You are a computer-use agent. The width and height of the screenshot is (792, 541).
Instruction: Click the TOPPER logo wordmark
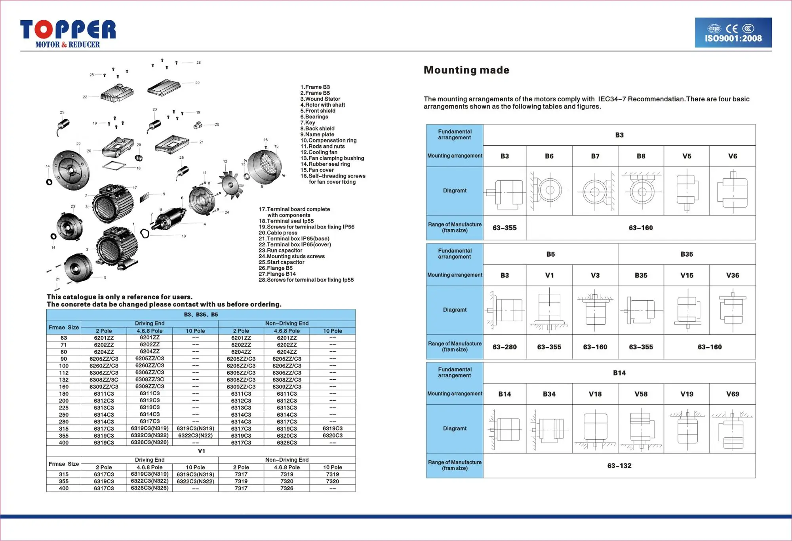pyautogui.click(x=68, y=30)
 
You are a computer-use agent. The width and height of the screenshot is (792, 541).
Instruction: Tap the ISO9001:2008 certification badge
pyautogui.click(x=733, y=33)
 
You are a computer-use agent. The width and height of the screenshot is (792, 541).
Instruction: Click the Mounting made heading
pyautogui.click(x=466, y=70)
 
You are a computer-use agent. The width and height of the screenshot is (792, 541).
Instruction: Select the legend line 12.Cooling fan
pyautogui.click(x=319, y=152)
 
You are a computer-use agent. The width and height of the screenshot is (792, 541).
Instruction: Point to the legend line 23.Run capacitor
pyautogui.click(x=280, y=250)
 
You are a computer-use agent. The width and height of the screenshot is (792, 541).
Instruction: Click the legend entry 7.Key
pyautogui.click(x=308, y=123)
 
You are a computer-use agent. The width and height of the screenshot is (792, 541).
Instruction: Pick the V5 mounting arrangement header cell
pyautogui.click(x=687, y=156)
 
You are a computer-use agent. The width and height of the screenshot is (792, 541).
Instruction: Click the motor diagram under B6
pyautogui.click(x=549, y=191)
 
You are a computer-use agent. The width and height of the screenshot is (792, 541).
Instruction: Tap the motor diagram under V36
pyautogui.click(x=732, y=310)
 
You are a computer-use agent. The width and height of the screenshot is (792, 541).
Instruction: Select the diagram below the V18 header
pyautogui.click(x=595, y=429)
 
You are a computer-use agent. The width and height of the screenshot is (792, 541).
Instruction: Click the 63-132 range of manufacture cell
pyautogui.click(x=619, y=466)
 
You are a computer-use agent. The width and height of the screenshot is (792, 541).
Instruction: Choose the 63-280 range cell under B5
pyautogui.click(x=505, y=347)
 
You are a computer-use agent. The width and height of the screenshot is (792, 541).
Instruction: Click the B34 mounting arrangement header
pyautogui.click(x=549, y=394)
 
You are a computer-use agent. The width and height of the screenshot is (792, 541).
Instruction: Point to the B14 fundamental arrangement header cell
pyautogui.click(x=619, y=373)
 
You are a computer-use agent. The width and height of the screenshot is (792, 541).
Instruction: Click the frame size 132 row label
pyautogui.click(x=64, y=380)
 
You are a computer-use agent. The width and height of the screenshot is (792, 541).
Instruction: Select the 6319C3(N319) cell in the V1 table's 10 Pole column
pyautogui.click(x=195, y=474)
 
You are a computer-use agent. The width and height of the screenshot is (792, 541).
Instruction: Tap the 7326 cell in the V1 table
pyautogui.click(x=287, y=488)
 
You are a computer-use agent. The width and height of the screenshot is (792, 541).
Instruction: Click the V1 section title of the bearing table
pyautogui.click(x=201, y=451)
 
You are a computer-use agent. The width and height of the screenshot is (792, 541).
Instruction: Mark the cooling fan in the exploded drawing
pyautogui.click(x=230, y=183)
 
